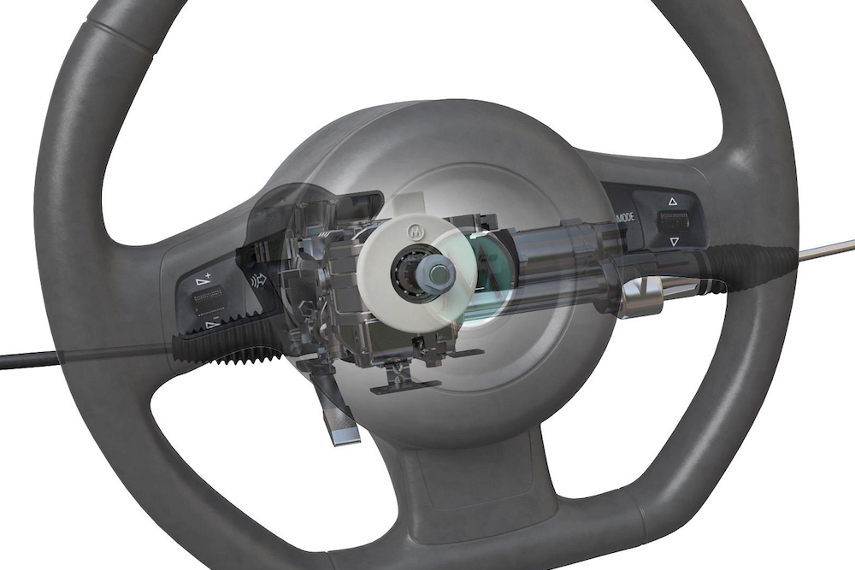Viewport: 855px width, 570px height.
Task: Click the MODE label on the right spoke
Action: [625, 217]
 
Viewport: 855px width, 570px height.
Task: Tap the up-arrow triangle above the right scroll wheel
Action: [672, 202]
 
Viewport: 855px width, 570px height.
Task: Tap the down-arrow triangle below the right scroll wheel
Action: [674, 242]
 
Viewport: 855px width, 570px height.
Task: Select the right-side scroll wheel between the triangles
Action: [673, 222]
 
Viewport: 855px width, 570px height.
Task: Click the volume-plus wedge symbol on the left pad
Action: [203, 278]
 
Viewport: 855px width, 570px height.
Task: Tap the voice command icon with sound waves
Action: [255, 279]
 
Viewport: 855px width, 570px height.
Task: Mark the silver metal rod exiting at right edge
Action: [829, 249]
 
